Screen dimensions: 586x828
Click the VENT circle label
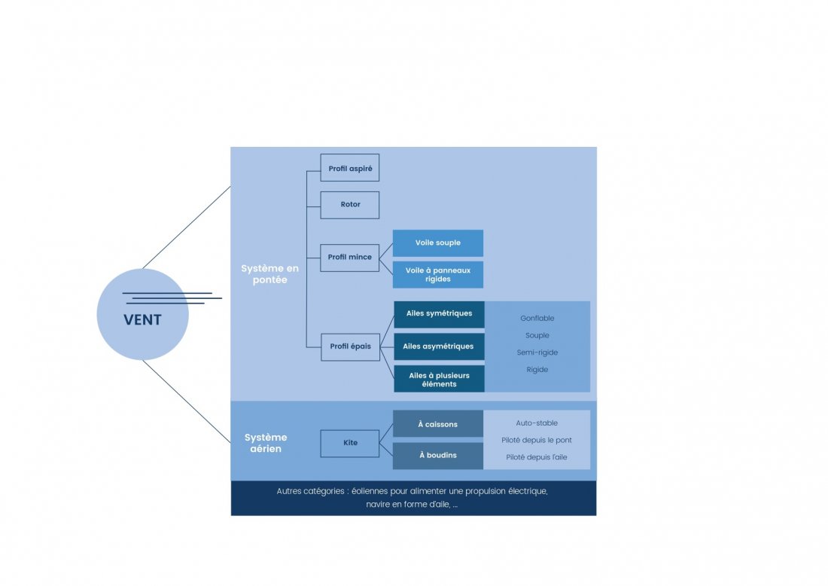point(142,320)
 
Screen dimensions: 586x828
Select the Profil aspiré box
point(350,168)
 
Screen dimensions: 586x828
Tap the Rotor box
point(350,205)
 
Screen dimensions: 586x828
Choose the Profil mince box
point(350,258)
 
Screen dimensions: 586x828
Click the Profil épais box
point(350,346)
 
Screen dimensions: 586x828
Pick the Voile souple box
point(438,243)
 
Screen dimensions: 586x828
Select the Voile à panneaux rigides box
point(438,274)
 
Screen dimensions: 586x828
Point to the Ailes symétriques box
point(439,314)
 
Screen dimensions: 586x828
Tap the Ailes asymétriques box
point(439,346)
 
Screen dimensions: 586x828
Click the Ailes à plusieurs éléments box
point(439,379)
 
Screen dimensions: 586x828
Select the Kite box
point(350,443)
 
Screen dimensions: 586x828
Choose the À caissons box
point(438,424)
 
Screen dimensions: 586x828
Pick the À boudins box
point(438,456)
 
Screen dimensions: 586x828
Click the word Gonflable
point(537,319)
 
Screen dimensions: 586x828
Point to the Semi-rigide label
point(537,353)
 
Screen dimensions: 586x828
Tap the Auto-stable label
point(537,423)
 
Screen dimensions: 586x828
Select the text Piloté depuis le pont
point(537,440)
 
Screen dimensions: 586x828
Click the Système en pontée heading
point(269,274)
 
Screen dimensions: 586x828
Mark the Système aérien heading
point(266,443)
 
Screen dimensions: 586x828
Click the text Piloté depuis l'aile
point(537,457)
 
